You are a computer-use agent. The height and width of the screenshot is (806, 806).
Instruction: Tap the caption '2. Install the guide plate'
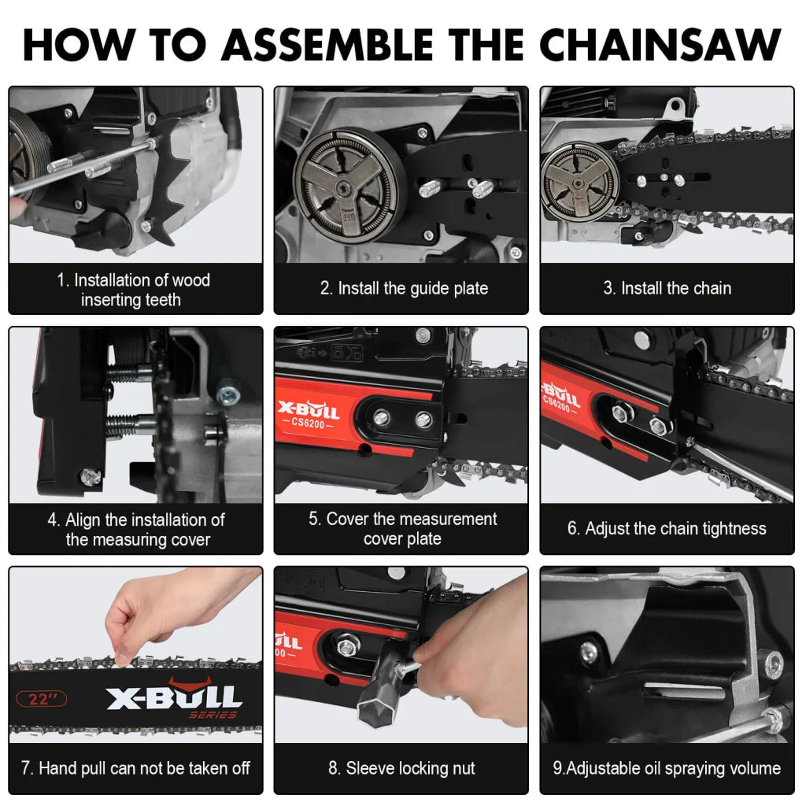pyautogui.click(x=403, y=289)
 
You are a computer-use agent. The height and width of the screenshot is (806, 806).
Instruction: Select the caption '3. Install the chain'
pyautogui.click(x=667, y=289)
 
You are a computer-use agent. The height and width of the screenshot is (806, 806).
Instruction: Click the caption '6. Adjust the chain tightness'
pyautogui.click(x=667, y=529)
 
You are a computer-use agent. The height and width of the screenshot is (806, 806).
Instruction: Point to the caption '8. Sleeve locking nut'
pyautogui.click(x=401, y=768)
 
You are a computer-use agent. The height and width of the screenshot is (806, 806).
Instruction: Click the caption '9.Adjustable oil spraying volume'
pyautogui.click(x=667, y=768)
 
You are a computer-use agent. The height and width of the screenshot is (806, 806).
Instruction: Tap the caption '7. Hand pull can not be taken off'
pyautogui.click(x=135, y=768)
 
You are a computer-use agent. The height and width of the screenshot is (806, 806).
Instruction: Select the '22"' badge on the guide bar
pyautogui.click(x=42, y=698)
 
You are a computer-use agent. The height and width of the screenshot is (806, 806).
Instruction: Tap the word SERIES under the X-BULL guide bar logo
pyautogui.click(x=213, y=715)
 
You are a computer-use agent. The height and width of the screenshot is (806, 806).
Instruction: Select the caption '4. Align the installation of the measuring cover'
pyautogui.click(x=135, y=530)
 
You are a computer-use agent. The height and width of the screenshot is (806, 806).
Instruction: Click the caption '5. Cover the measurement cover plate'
pyautogui.click(x=401, y=529)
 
